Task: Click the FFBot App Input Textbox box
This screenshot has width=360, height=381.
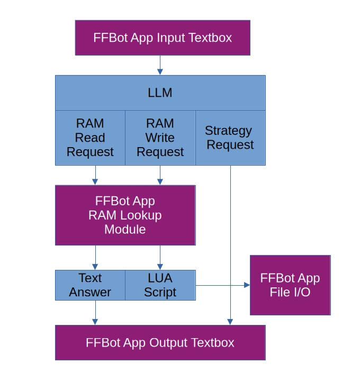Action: point(163,38)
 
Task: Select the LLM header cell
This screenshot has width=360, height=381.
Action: point(160,93)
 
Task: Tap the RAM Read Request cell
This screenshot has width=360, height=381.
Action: point(90,138)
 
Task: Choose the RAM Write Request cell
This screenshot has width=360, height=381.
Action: point(160,138)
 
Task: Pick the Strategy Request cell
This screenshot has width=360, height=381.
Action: point(230,138)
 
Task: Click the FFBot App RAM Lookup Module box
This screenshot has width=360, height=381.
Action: point(125,215)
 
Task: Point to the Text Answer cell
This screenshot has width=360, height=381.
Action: point(90,285)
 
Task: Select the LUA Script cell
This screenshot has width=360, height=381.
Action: point(160,285)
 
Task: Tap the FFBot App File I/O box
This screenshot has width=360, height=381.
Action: point(290,285)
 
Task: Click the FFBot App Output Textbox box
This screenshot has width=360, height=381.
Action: point(160,342)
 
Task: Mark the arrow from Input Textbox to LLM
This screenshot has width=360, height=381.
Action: point(159,65)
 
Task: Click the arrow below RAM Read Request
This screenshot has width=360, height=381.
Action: point(95,175)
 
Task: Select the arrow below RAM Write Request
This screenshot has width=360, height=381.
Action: point(160,175)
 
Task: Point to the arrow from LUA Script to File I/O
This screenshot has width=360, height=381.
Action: point(222,285)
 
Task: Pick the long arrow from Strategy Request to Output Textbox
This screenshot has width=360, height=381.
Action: point(230,243)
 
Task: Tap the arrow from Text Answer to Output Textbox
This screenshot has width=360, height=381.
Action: point(95,313)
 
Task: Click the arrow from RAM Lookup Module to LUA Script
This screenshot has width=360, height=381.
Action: point(160,258)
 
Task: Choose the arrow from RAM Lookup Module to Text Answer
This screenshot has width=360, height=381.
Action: point(95,258)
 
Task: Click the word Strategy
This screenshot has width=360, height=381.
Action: point(228,131)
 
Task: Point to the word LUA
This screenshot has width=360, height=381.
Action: point(160,278)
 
